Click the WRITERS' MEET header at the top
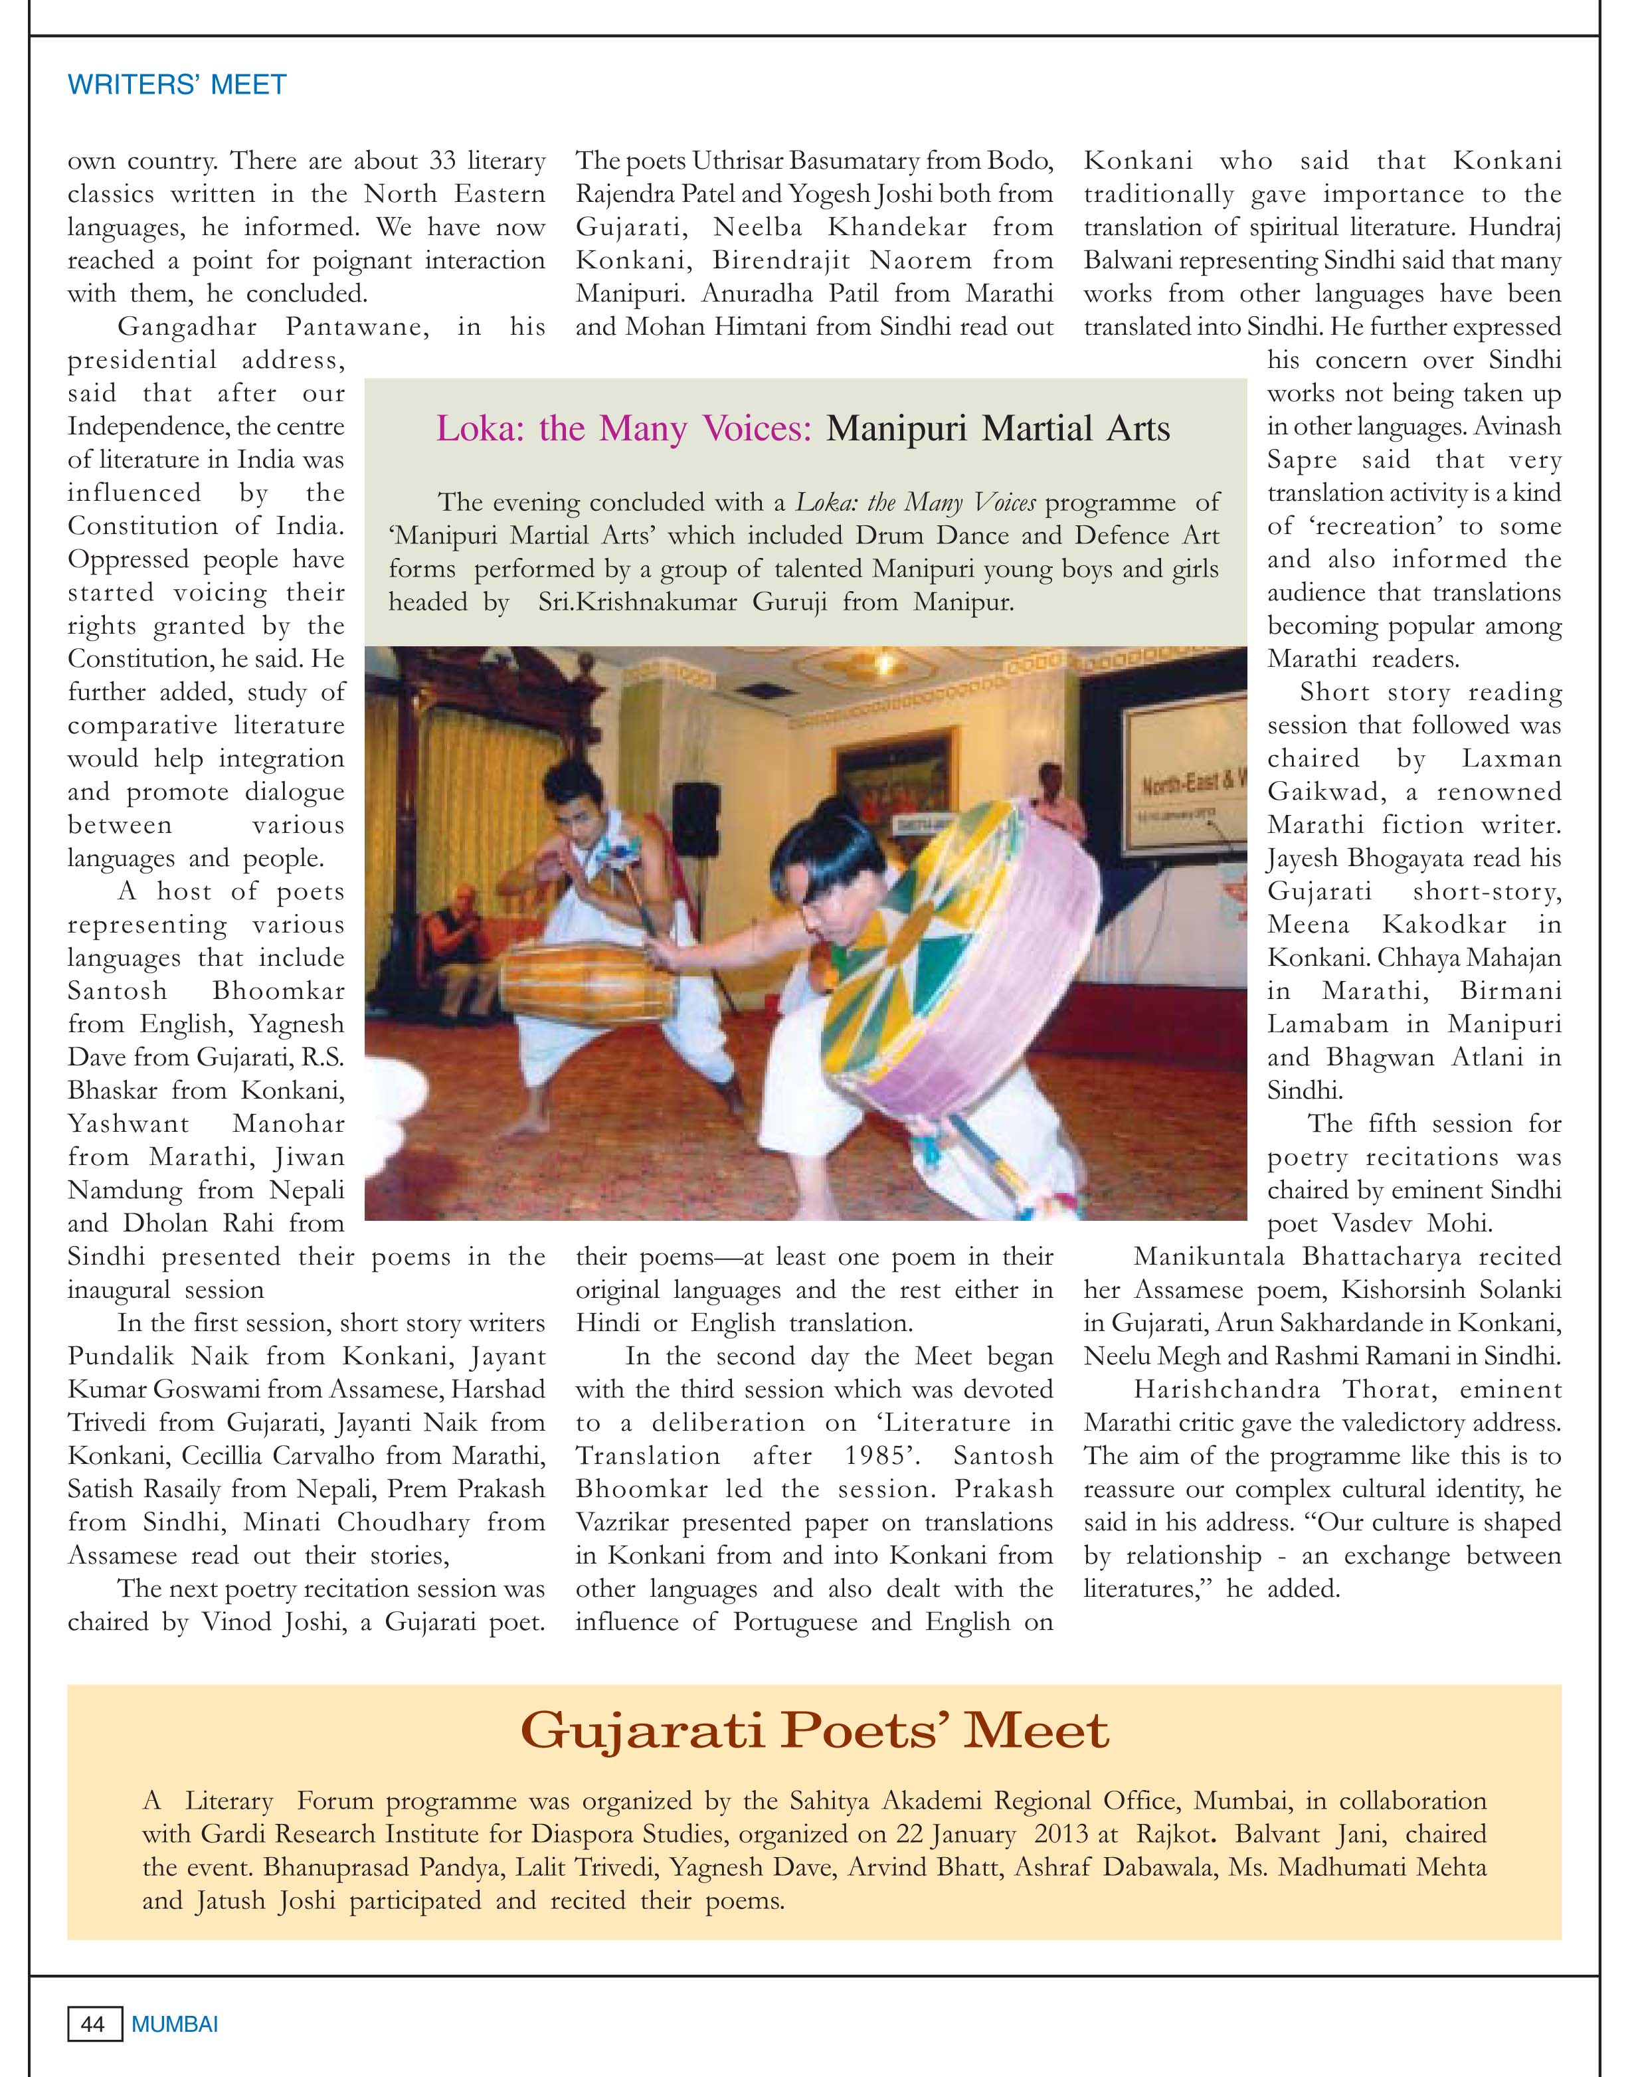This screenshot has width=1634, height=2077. (177, 84)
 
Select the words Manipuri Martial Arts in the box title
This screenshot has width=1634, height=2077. (998, 428)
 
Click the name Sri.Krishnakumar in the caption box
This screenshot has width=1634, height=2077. (618, 602)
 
